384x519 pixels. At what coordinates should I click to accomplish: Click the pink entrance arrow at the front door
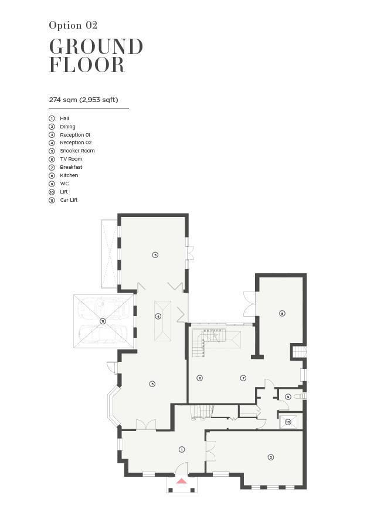(181, 481)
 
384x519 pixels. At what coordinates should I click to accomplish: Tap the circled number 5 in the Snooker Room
(155, 255)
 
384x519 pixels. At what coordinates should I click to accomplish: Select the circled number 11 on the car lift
(103, 321)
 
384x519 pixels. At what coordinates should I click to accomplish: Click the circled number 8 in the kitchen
(282, 313)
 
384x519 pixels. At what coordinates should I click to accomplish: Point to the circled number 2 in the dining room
(271, 457)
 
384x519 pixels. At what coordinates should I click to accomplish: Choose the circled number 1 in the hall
(181, 449)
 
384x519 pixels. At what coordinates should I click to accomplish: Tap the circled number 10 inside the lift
(288, 422)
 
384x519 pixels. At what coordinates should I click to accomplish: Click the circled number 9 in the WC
(288, 396)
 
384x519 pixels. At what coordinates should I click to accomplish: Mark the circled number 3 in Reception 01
(152, 384)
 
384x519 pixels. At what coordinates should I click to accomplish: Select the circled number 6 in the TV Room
(199, 378)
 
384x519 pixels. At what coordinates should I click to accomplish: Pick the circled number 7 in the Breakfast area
(243, 378)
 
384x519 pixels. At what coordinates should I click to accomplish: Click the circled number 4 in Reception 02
(158, 316)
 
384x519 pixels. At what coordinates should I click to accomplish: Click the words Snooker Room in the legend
(77, 151)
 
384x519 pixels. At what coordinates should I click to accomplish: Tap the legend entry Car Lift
(69, 200)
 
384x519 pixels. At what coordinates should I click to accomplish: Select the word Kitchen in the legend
(69, 175)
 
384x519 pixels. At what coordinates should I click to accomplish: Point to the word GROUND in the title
(96, 47)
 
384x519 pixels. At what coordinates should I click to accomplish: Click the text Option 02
(73, 25)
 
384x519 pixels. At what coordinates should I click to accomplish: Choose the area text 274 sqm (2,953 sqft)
(83, 100)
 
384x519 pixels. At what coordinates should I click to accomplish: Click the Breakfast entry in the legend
(71, 167)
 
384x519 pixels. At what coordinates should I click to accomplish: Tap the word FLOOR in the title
(87, 65)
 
